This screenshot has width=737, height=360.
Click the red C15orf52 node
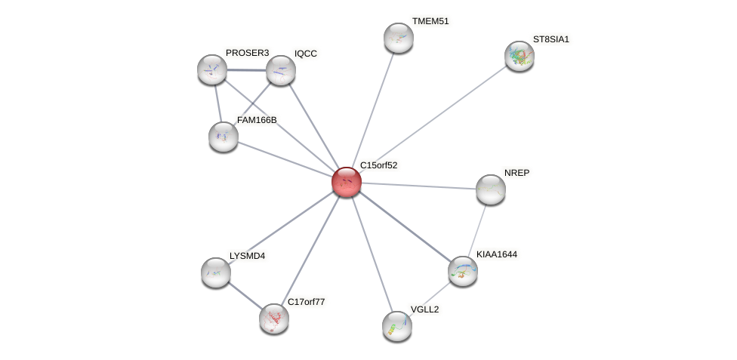(347, 182)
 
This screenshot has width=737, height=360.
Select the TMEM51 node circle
(398, 38)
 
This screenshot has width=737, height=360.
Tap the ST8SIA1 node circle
(519, 56)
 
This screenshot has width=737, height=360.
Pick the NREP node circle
(490, 189)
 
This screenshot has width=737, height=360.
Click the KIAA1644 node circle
(462, 271)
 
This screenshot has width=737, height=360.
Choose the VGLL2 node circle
(396, 325)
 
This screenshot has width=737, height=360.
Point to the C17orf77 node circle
(273, 318)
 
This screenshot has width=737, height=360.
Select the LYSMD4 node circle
(216, 272)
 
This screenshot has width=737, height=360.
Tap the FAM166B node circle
(223, 137)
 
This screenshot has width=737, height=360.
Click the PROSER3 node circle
(212, 69)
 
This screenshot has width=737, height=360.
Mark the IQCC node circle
(280, 70)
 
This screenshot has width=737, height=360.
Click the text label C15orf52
(378, 165)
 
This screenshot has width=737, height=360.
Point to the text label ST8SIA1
(551, 39)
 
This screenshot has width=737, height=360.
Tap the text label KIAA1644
(496, 254)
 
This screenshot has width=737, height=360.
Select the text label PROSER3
(247, 53)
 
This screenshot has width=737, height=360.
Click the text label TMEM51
(430, 21)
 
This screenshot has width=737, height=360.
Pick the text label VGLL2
(424, 309)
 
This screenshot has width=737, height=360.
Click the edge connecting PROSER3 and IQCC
(246, 70)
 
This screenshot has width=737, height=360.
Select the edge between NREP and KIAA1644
(476, 229)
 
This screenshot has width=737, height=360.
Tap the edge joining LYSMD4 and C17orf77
(245, 295)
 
